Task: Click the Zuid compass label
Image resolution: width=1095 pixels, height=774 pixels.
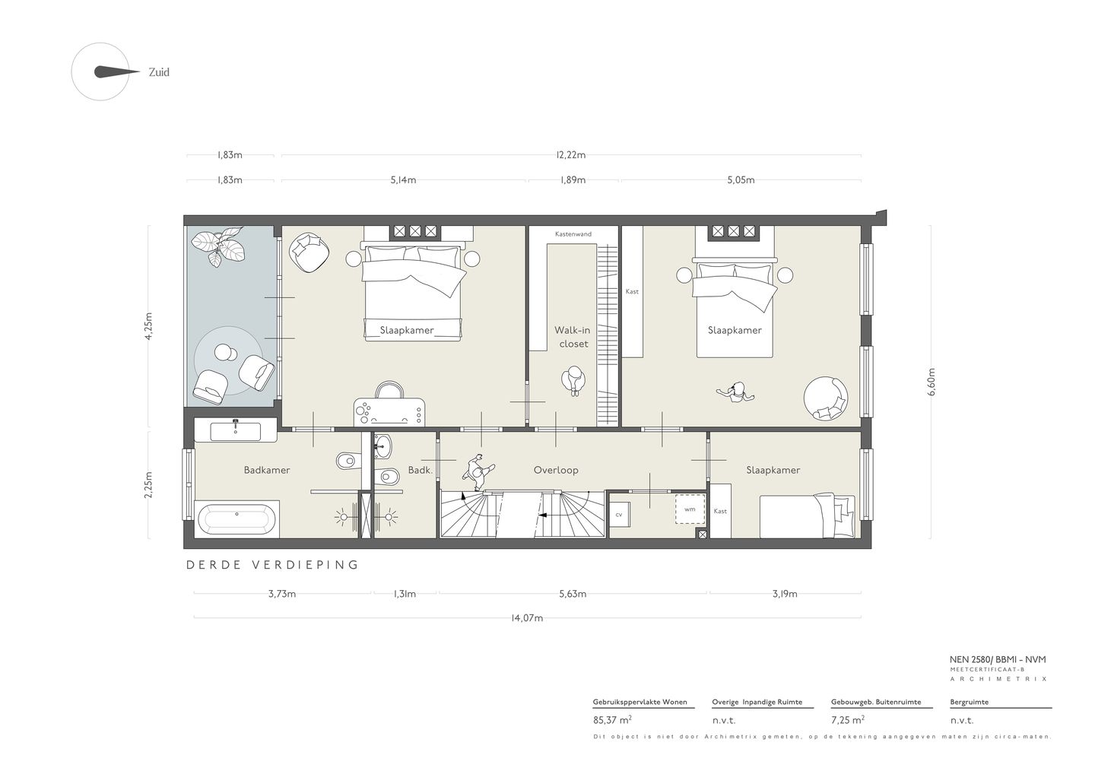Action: click(x=159, y=72)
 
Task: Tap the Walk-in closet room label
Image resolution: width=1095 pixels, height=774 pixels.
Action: click(x=573, y=337)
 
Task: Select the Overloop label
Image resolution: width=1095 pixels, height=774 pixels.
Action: click(x=556, y=470)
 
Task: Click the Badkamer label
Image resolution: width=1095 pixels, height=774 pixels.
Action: click(x=267, y=470)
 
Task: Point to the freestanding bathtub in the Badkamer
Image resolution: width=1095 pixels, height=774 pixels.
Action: click(x=237, y=519)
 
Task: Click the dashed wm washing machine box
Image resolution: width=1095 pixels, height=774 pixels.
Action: click(x=690, y=509)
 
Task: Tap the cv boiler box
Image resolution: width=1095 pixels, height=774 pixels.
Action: click(x=619, y=515)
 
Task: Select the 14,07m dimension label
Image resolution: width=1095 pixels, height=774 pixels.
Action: click(x=527, y=617)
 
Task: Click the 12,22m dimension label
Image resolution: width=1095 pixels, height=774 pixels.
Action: click(x=570, y=155)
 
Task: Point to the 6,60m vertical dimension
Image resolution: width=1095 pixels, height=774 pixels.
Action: click(x=932, y=382)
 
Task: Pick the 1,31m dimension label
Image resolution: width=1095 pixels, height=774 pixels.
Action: click(x=405, y=594)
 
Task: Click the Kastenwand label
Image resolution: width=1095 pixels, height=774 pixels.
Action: click(x=573, y=234)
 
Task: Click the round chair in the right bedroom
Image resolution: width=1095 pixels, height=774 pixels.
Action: click(x=826, y=398)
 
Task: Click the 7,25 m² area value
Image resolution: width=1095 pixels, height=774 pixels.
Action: click(x=848, y=720)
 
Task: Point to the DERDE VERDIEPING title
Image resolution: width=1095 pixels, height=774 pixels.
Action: click(x=272, y=565)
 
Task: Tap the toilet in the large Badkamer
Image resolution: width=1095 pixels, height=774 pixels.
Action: click(x=347, y=460)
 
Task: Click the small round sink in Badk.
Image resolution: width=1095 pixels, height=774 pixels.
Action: click(x=382, y=446)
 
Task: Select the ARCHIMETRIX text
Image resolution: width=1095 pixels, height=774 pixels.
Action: click(x=998, y=679)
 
